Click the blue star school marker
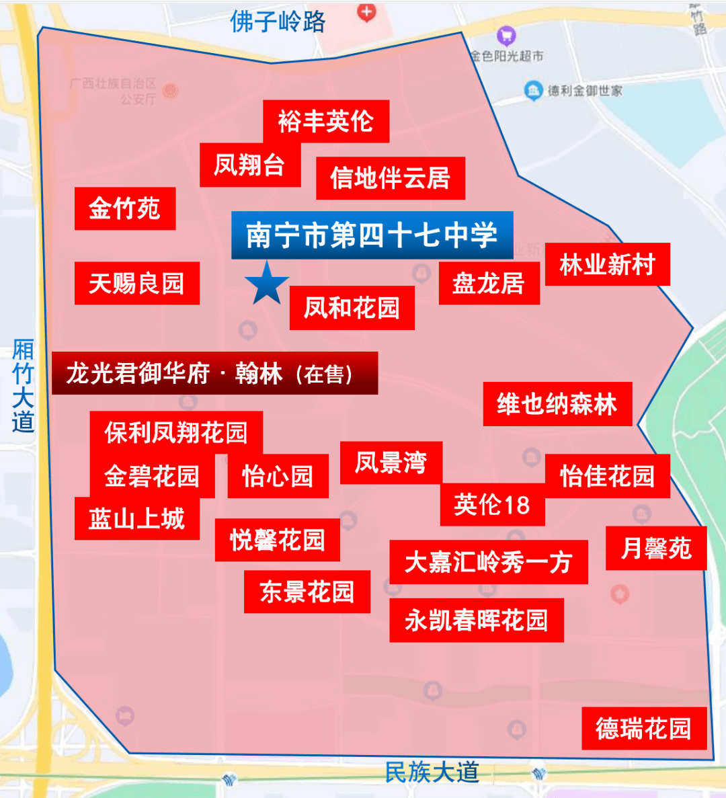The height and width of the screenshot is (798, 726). [x=267, y=283]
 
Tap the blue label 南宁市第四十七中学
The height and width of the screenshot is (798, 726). [x=372, y=235]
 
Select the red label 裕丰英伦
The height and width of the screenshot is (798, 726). [x=326, y=122]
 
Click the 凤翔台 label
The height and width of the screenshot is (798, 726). [x=249, y=165]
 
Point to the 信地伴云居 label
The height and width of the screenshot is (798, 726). [x=391, y=178]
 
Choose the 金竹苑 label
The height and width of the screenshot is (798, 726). [x=125, y=208]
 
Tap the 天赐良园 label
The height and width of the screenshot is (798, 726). [x=137, y=283]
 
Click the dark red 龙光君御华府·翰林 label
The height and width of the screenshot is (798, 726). [x=214, y=373]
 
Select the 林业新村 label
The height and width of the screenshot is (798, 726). [x=607, y=264]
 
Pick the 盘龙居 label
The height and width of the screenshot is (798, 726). [x=489, y=283]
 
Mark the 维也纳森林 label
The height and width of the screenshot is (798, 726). [x=557, y=404]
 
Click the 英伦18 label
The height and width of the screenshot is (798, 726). [x=492, y=505]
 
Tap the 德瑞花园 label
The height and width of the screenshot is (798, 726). [x=644, y=728]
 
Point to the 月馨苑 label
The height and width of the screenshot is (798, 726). [x=656, y=549]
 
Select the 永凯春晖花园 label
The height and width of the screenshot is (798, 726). [x=476, y=620]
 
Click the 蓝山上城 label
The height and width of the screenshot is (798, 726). [x=137, y=518]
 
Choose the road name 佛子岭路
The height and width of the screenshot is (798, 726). [x=278, y=22]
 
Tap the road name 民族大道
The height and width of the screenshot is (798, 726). [x=432, y=772]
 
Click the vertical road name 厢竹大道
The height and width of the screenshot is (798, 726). [x=23, y=386]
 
